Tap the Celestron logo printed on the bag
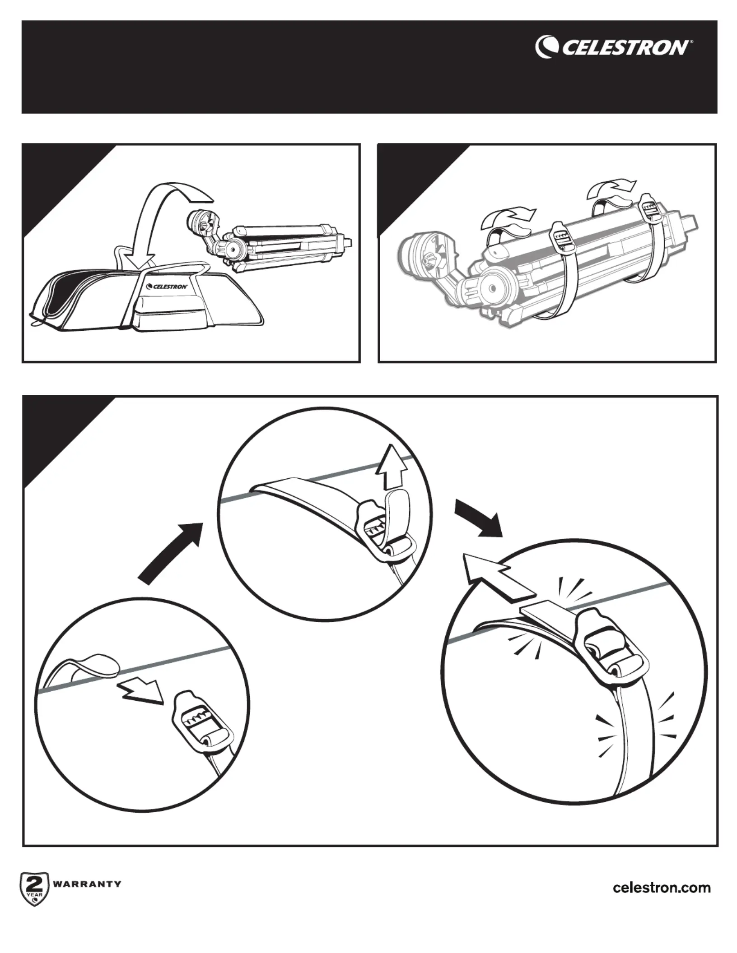167,286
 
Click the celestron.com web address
662,888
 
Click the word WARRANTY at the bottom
87,884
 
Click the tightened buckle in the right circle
610,646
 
